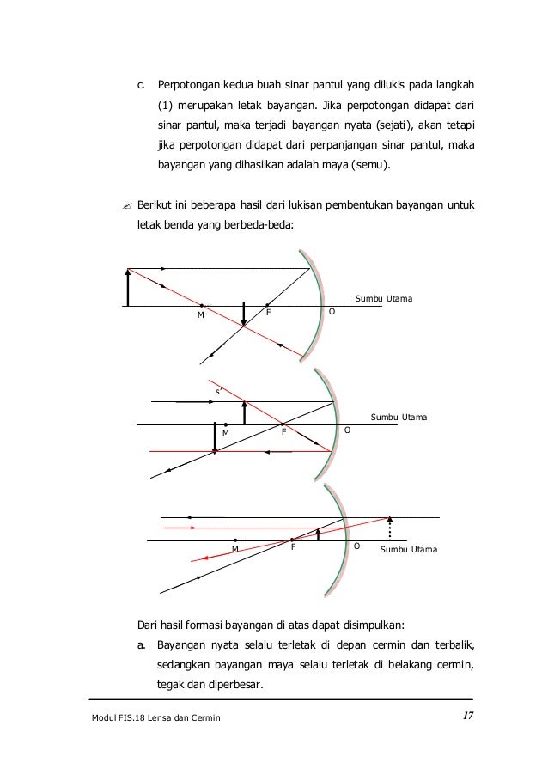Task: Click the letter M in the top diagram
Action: pyautogui.click(x=200, y=314)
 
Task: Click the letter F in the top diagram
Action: pyautogui.click(x=268, y=314)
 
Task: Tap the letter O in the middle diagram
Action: pyautogui.click(x=348, y=429)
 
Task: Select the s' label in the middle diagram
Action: pyautogui.click(x=218, y=391)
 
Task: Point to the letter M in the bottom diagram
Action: pyautogui.click(x=234, y=548)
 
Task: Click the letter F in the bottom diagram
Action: pyautogui.click(x=293, y=547)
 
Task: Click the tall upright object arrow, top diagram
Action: pyautogui.click(x=128, y=287)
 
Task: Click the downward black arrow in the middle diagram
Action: pyautogui.click(x=215, y=437)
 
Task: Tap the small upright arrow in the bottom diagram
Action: pyautogui.click(x=318, y=534)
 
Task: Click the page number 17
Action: pyautogui.click(x=466, y=716)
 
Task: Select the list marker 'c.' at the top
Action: pyautogui.click(x=143, y=87)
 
